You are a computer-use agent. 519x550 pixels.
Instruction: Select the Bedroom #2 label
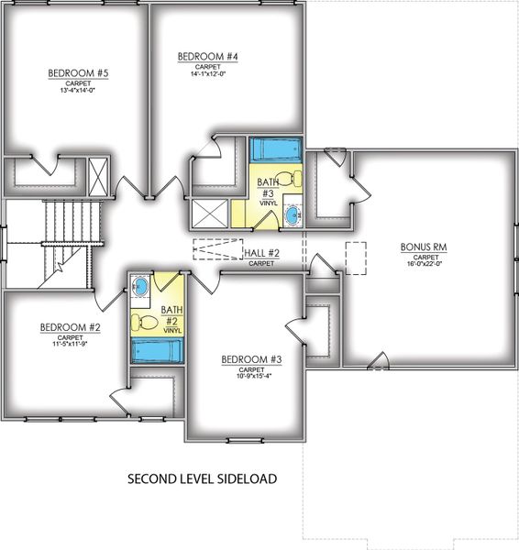coord(63,326)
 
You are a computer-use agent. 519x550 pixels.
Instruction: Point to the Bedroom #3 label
coord(245,359)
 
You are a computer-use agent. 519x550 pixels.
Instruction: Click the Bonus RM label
coord(423,247)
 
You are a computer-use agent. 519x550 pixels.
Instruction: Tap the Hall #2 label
coord(261,253)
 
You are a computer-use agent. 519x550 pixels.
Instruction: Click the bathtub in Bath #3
coord(271,149)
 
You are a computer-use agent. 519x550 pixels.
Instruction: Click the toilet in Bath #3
coord(286,177)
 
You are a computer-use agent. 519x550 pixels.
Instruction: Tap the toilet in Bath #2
coord(142,322)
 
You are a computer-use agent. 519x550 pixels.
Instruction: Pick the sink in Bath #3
coord(293,216)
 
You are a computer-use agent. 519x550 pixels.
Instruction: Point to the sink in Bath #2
coord(140,287)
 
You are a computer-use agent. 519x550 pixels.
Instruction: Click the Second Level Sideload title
coord(202,478)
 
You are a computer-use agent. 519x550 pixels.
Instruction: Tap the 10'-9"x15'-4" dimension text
coord(245,376)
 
